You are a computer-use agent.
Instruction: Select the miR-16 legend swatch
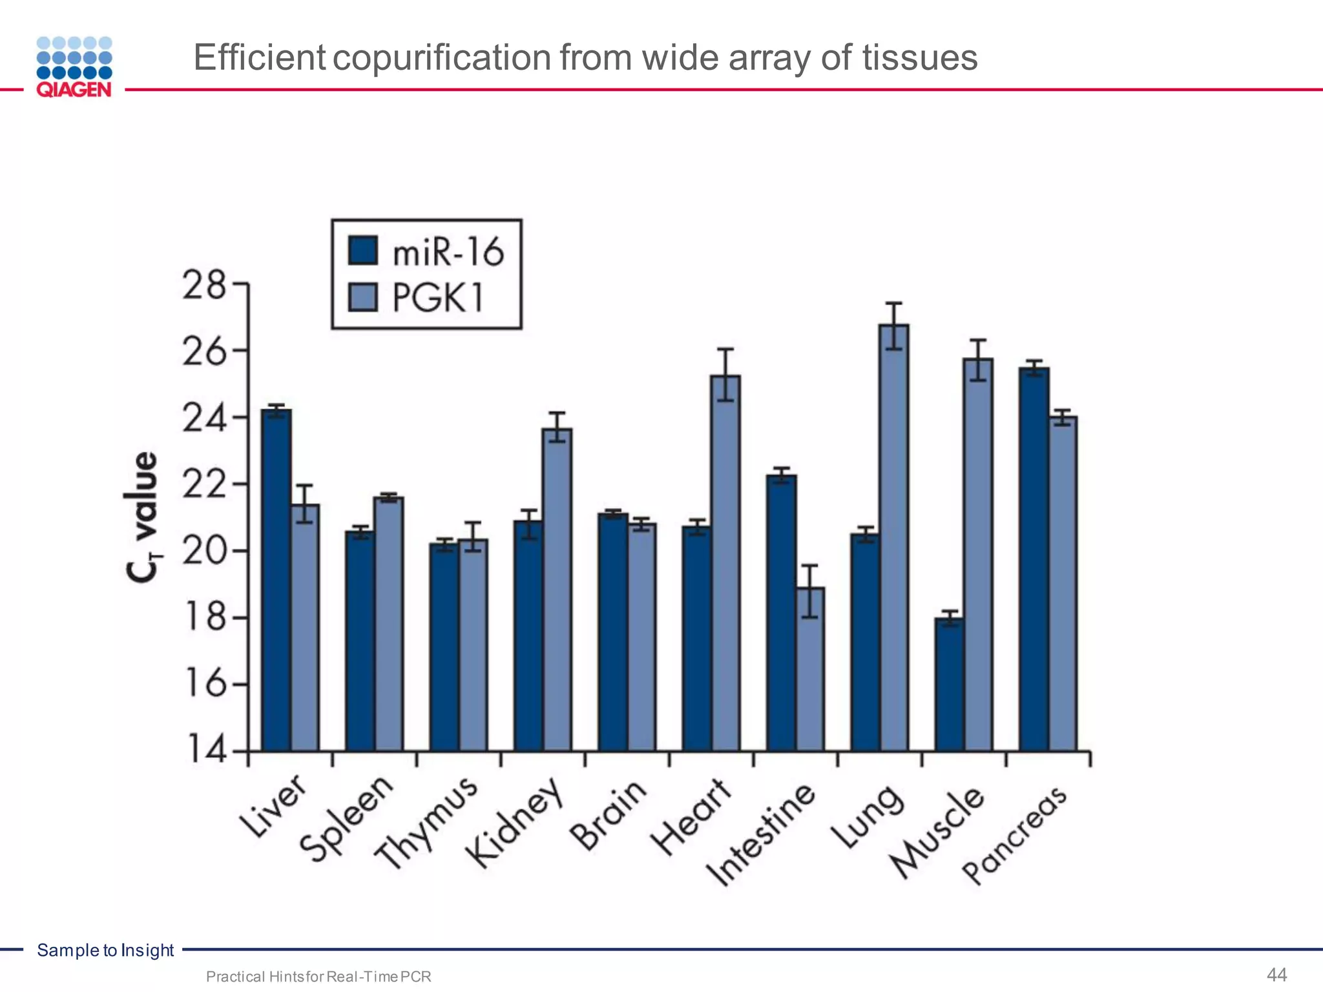click(362, 251)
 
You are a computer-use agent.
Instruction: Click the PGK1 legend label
click(438, 298)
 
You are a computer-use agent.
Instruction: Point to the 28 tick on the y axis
click(204, 285)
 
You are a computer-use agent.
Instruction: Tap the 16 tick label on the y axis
click(204, 683)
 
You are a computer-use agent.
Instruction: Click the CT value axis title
click(141, 517)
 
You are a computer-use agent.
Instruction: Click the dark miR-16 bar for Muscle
click(950, 685)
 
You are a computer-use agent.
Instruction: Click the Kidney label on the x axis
click(514, 823)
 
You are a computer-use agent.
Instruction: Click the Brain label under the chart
click(608, 815)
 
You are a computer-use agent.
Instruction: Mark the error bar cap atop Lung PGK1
click(894, 303)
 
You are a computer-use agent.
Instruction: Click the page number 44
click(1276, 975)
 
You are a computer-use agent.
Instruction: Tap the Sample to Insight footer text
click(105, 950)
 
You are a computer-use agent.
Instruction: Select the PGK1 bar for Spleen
click(389, 624)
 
